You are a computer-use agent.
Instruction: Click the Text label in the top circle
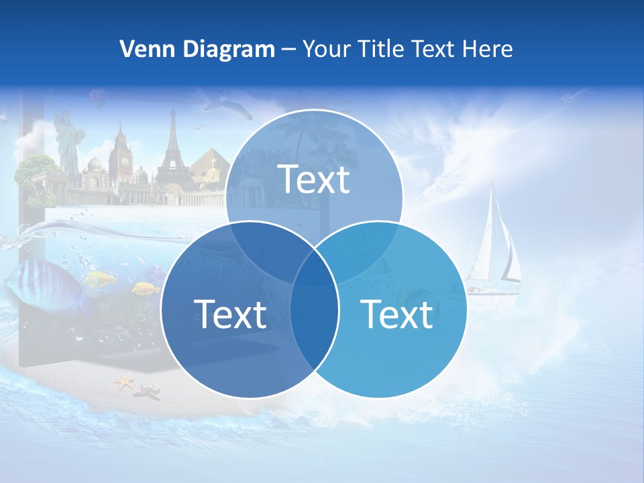[x=314, y=179]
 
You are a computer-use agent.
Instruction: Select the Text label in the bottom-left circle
[x=230, y=313]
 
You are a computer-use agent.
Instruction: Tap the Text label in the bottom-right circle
[x=397, y=313]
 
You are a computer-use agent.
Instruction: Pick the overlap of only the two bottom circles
[x=314, y=322]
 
